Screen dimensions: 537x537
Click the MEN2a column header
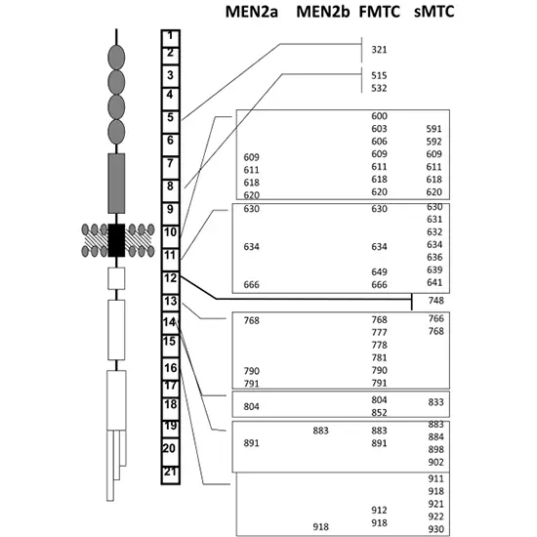point(251,12)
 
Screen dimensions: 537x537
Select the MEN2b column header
point(322,12)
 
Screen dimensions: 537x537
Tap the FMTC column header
point(380,12)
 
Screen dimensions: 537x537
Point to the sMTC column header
point(434,12)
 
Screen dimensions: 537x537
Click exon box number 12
point(171,282)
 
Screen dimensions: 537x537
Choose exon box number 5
point(171,122)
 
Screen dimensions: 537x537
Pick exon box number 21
point(171,475)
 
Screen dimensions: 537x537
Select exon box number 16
point(171,368)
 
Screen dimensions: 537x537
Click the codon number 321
point(379,50)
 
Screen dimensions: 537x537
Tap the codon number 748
point(436,301)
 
